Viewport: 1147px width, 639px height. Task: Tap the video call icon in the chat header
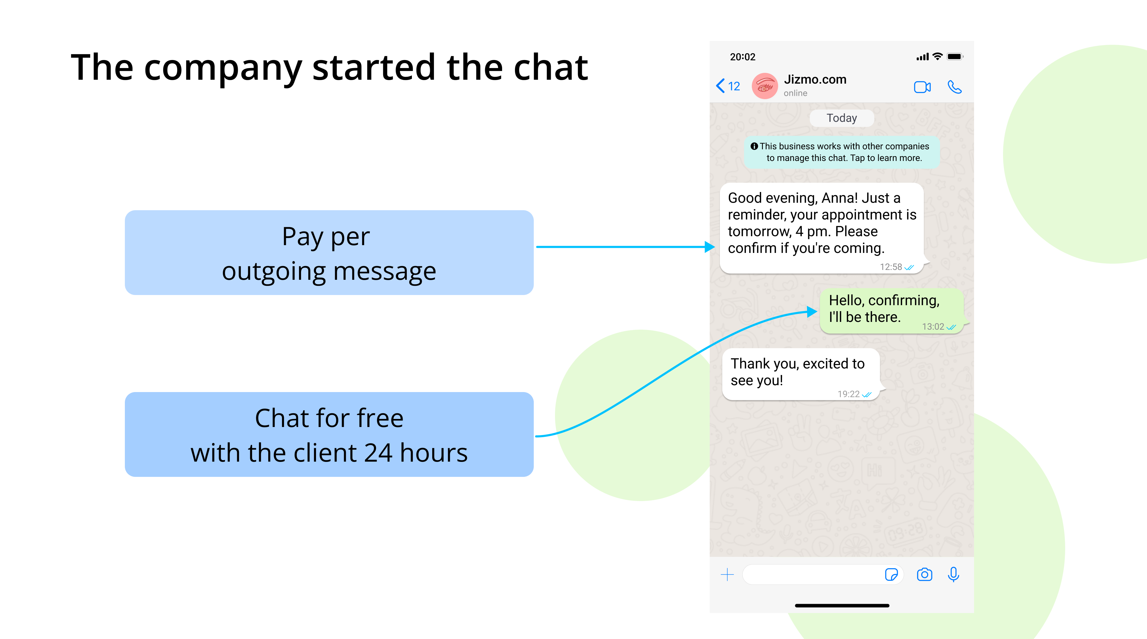pos(922,87)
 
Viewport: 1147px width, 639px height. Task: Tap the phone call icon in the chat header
pos(955,87)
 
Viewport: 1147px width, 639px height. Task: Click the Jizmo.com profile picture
pos(765,86)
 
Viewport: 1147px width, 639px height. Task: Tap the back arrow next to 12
pos(720,86)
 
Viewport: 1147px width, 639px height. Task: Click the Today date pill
pos(841,118)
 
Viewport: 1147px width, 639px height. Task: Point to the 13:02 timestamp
pos(933,327)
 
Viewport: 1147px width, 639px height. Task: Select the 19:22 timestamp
pos(848,394)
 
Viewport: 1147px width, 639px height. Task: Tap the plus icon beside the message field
pos(727,575)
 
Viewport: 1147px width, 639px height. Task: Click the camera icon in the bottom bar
pos(924,575)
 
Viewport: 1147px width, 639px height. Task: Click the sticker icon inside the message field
pos(891,575)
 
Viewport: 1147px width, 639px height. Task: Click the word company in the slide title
pos(223,68)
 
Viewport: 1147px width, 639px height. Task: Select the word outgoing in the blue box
pos(273,272)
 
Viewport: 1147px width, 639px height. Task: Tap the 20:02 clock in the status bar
pos(743,57)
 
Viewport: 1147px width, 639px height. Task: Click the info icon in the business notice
pos(754,146)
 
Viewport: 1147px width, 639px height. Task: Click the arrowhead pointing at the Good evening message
pos(710,247)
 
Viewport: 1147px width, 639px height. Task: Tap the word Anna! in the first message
pos(839,198)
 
